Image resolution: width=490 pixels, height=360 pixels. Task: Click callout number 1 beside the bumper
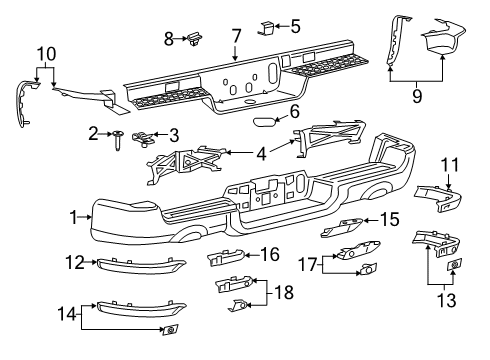[x=72, y=216]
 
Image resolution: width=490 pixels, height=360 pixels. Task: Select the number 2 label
[x=93, y=133]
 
